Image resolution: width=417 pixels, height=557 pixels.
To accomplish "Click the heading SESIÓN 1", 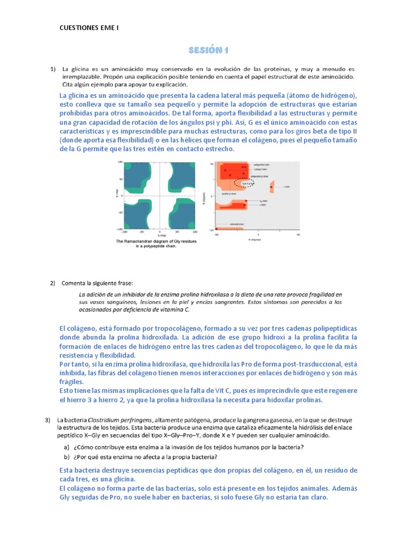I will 208,51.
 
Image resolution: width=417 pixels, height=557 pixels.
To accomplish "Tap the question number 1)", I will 53,69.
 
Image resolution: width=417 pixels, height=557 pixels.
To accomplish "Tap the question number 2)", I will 53,283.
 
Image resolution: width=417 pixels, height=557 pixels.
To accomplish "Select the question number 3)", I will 47,419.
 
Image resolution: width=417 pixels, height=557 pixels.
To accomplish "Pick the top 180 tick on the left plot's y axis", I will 121,162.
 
